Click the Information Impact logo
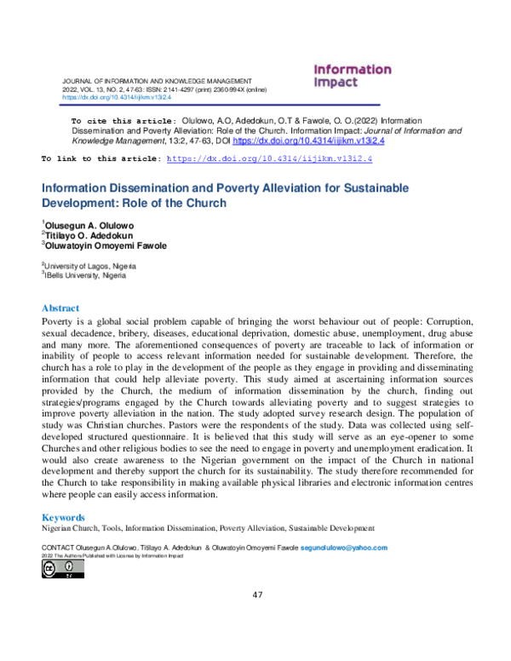pos(352,76)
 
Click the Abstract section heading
pos(60,308)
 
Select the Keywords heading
pos(63,517)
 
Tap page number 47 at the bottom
pos(255,594)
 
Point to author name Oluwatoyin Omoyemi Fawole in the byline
pos(105,245)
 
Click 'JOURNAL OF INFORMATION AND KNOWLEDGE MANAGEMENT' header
pos(158,80)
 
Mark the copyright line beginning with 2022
pos(112,555)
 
